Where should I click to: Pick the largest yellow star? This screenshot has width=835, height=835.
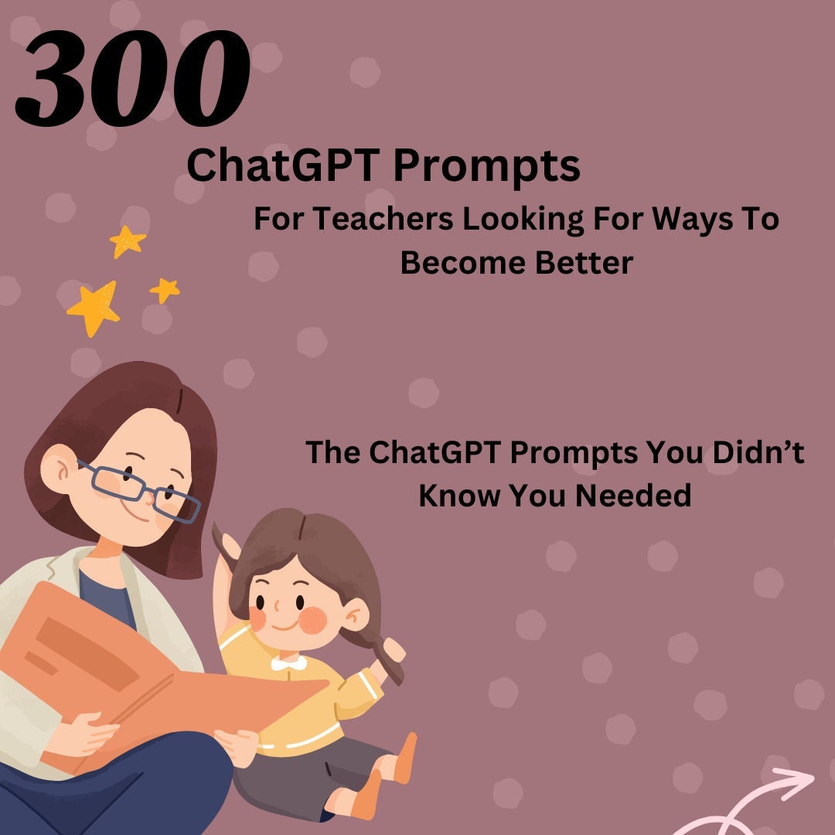(94, 308)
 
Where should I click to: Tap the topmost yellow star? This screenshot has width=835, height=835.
(128, 241)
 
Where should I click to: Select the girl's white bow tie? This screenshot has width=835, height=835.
(288, 663)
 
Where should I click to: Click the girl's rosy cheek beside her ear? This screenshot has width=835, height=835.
(314, 619)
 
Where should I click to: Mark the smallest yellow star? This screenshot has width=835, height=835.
(165, 290)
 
